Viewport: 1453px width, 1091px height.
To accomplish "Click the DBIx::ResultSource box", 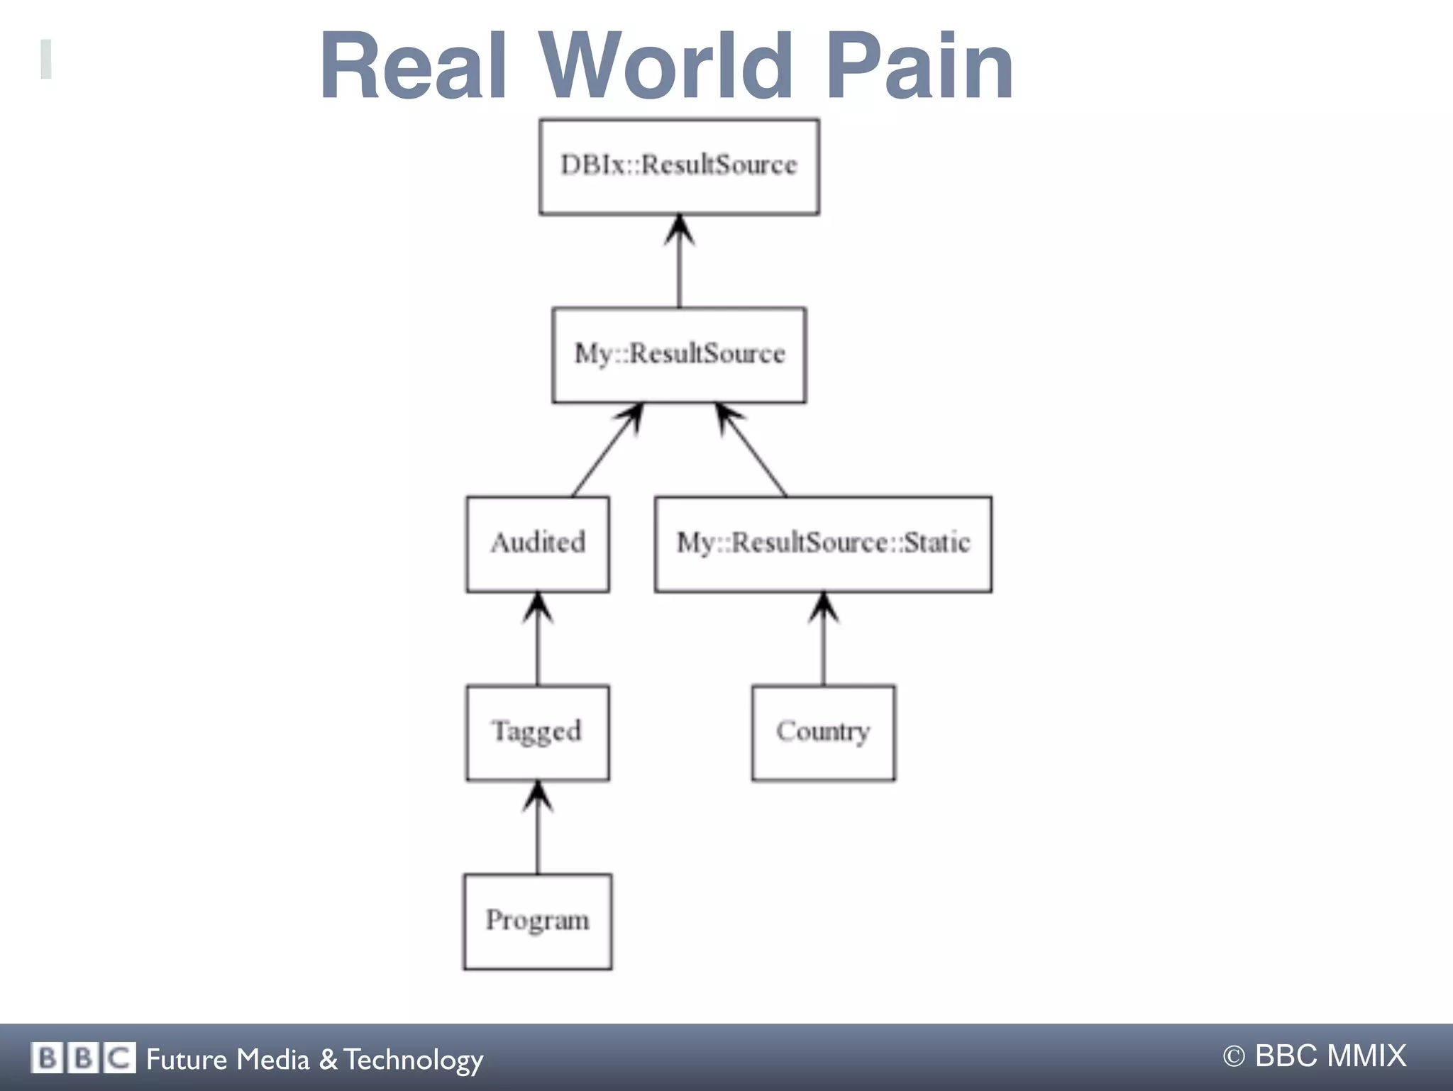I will click(679, 167).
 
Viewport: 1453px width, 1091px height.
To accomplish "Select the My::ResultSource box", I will click(679, 355).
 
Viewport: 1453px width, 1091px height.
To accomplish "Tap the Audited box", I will click(537, 544).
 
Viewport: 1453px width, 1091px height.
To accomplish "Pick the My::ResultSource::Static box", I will click(823, 544).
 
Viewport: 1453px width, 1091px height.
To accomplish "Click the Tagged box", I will click(537, 732).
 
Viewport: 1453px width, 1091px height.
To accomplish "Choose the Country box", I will click(823, 732).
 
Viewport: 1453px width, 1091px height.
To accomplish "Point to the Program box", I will click(537, 921).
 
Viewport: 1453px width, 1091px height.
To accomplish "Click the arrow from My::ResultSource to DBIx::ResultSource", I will click(679, 262).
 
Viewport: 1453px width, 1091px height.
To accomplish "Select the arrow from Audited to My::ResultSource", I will click(607, 450).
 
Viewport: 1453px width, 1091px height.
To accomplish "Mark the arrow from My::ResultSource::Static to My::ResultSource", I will click(752, 450).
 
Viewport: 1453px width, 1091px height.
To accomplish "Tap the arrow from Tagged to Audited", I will click(537, 638).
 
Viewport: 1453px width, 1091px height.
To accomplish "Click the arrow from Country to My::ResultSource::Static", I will click(823, 638).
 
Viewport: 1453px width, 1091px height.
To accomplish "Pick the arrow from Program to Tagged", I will click(537, 827).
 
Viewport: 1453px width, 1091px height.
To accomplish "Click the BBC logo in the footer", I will click(83, 1058).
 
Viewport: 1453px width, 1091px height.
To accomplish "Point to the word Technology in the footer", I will click(414, 1059).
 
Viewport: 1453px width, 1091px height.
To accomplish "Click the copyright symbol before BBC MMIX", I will click(1234, 1057).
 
